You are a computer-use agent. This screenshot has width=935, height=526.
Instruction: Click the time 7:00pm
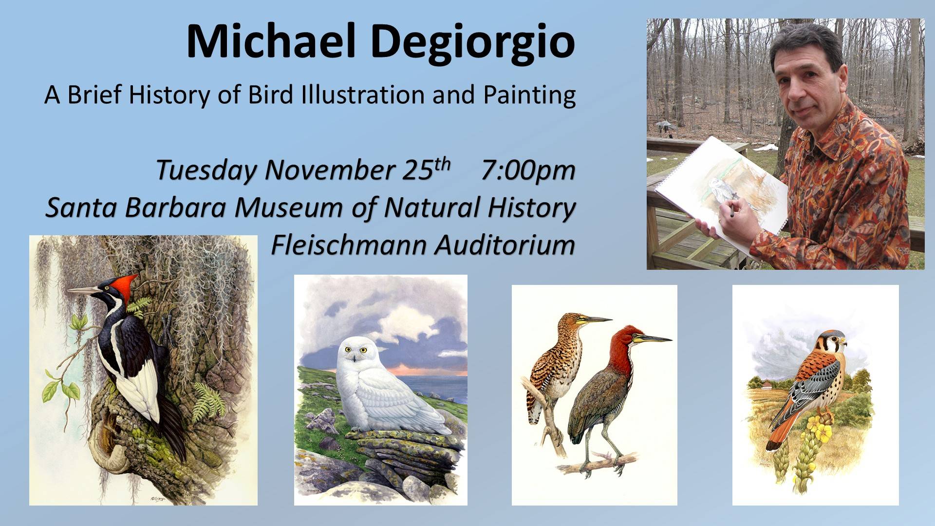click(x=528, y=171)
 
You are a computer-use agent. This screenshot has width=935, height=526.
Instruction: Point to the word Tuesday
click(x=207, y=171)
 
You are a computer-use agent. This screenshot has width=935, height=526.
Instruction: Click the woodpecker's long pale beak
click(x=85, y=291)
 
